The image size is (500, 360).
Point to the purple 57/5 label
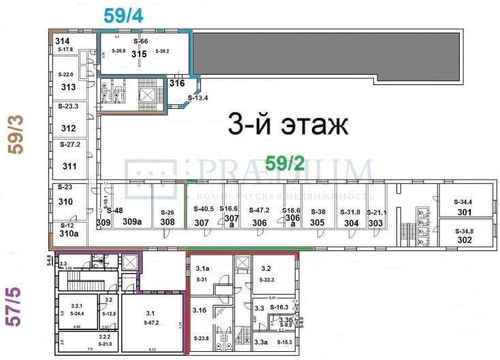click(14, 307)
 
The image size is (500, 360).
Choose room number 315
click(139, 55)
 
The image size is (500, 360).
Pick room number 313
click(68, 87)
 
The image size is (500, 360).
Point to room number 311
click(69, 165)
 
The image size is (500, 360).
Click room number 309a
click(131, 222)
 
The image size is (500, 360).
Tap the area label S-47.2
click(260, 210)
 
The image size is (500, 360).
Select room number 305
click(317, 223)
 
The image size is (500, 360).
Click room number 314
click(62, 42)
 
